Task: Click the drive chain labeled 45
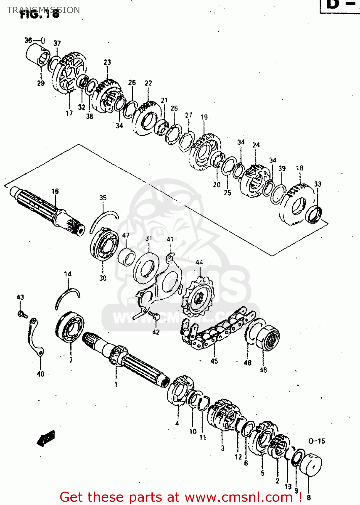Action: [215, 332]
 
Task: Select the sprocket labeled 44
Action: [199, 298]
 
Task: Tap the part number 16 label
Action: [55, 191]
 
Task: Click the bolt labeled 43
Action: [22, 314]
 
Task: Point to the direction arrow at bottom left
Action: [46, 438]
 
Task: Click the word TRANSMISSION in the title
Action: [43, 10]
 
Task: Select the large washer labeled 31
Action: [146, 268]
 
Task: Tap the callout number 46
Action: [263, 370]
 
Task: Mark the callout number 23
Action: [107, 62]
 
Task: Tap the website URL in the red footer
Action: [239, 497]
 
